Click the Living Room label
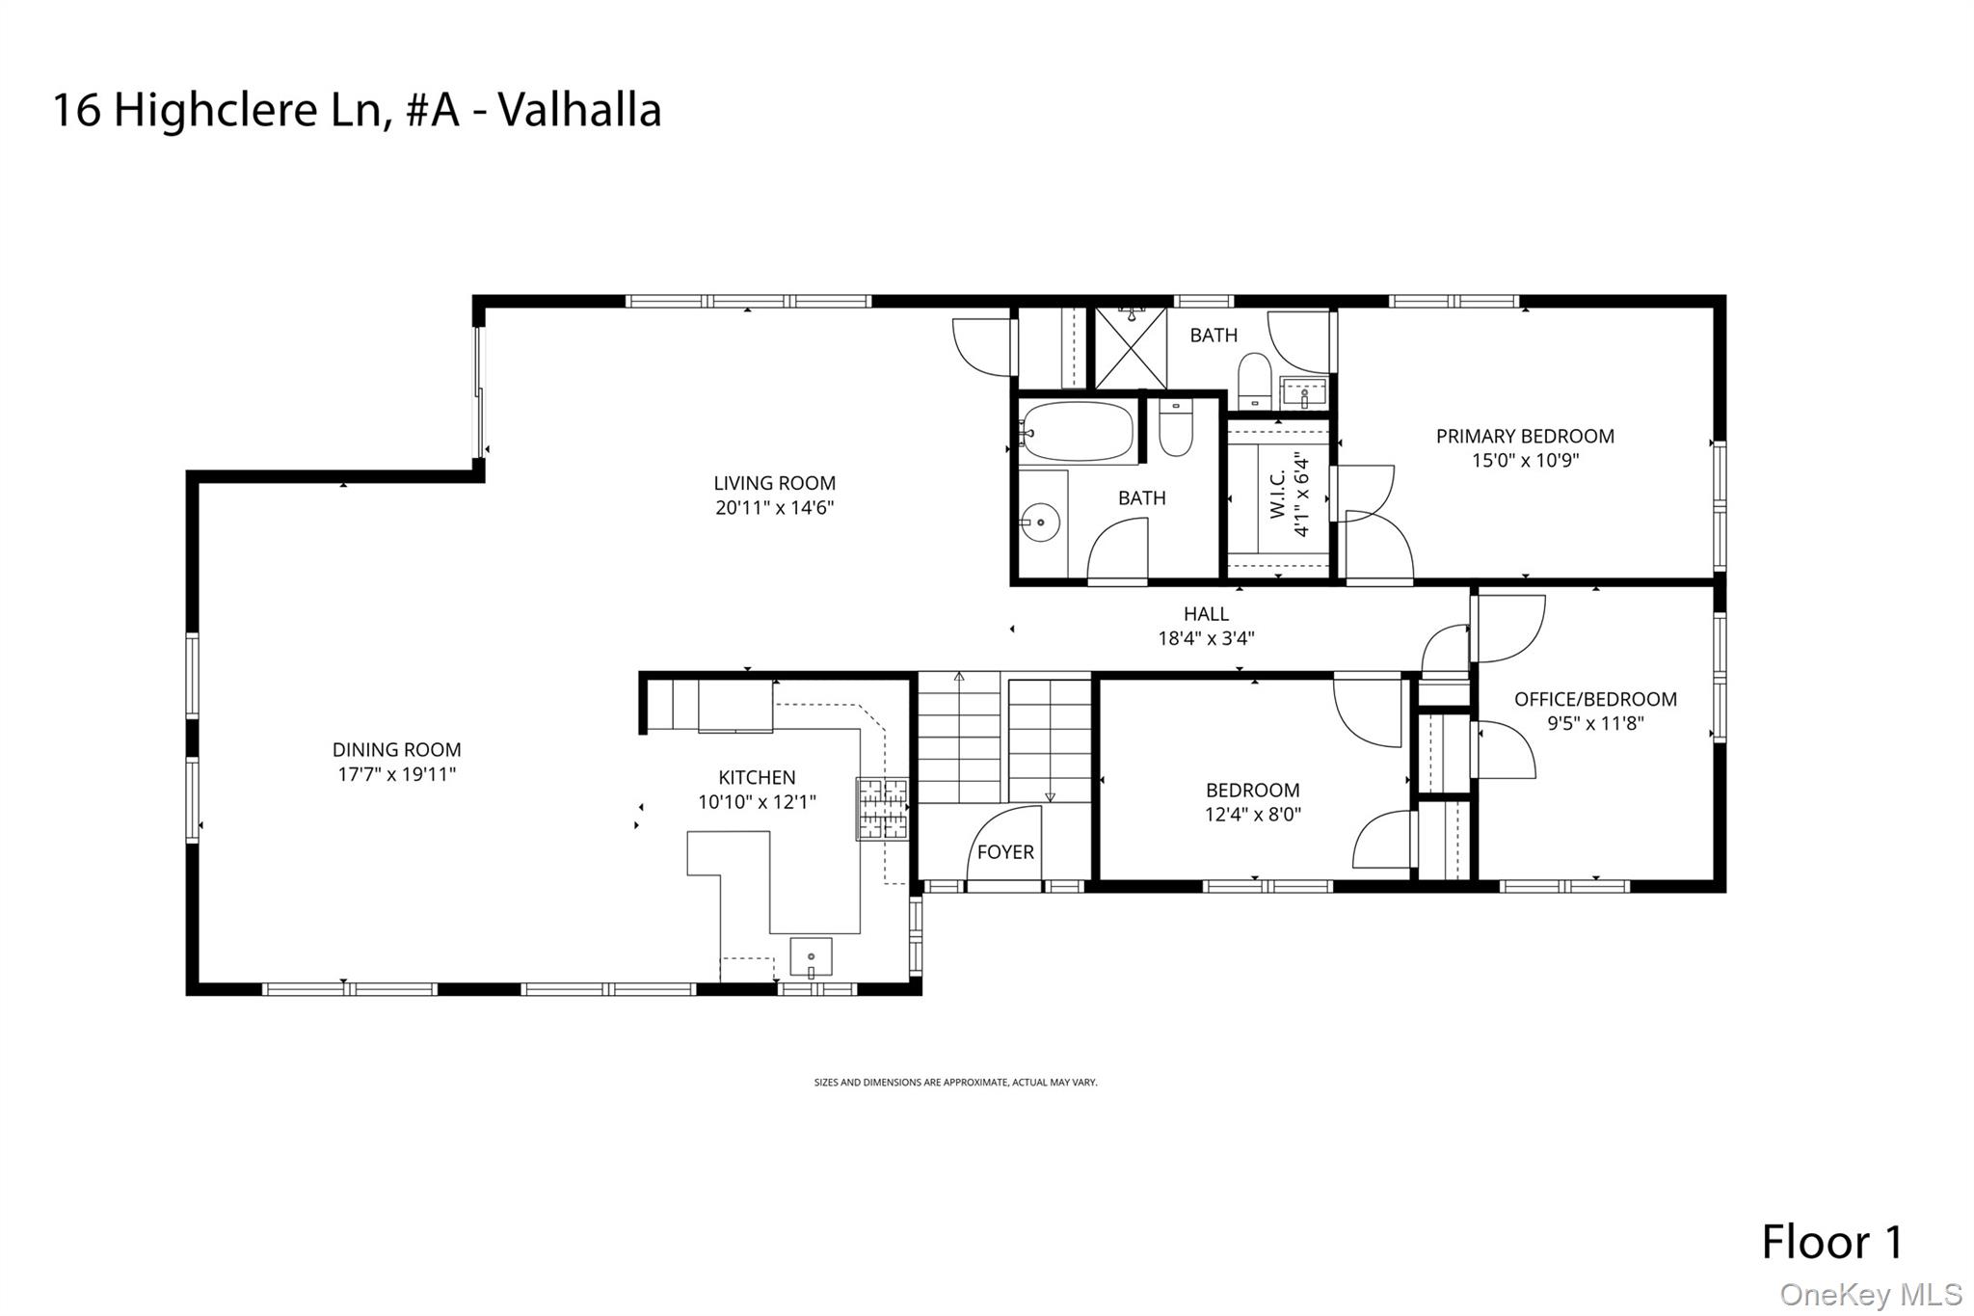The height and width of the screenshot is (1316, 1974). [x=774, y=483]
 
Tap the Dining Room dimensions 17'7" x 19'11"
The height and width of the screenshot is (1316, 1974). [x=396, y=774]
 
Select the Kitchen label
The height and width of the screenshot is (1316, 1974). [x=757, y=777]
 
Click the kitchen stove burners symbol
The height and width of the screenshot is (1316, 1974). [x=883, y=808]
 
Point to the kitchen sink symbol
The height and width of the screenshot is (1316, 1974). [x=811, y=956]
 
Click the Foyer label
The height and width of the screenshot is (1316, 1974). [x=1005, y=852]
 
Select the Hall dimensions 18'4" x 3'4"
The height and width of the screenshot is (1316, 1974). [x=1206, y=638]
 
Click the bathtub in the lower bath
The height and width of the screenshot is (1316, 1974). [x=1078, y=432]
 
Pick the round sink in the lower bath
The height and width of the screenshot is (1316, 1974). [x=1041, y=523]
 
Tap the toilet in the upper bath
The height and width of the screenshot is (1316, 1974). [x=1254, y=378]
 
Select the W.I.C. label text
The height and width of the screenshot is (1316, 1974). [x=1278, y=494]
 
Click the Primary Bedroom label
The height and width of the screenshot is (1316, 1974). [x=1525, y=437]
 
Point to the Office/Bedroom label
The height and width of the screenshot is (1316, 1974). [x=1595, y=700]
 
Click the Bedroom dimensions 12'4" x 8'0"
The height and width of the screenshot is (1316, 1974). [x=1252, y=815]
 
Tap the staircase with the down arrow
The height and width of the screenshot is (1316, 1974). [x=1050, y=740]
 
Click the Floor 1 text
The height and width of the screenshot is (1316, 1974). [x=1832, y=1243]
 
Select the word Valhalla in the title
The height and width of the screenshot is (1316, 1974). [x=579, y=109]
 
